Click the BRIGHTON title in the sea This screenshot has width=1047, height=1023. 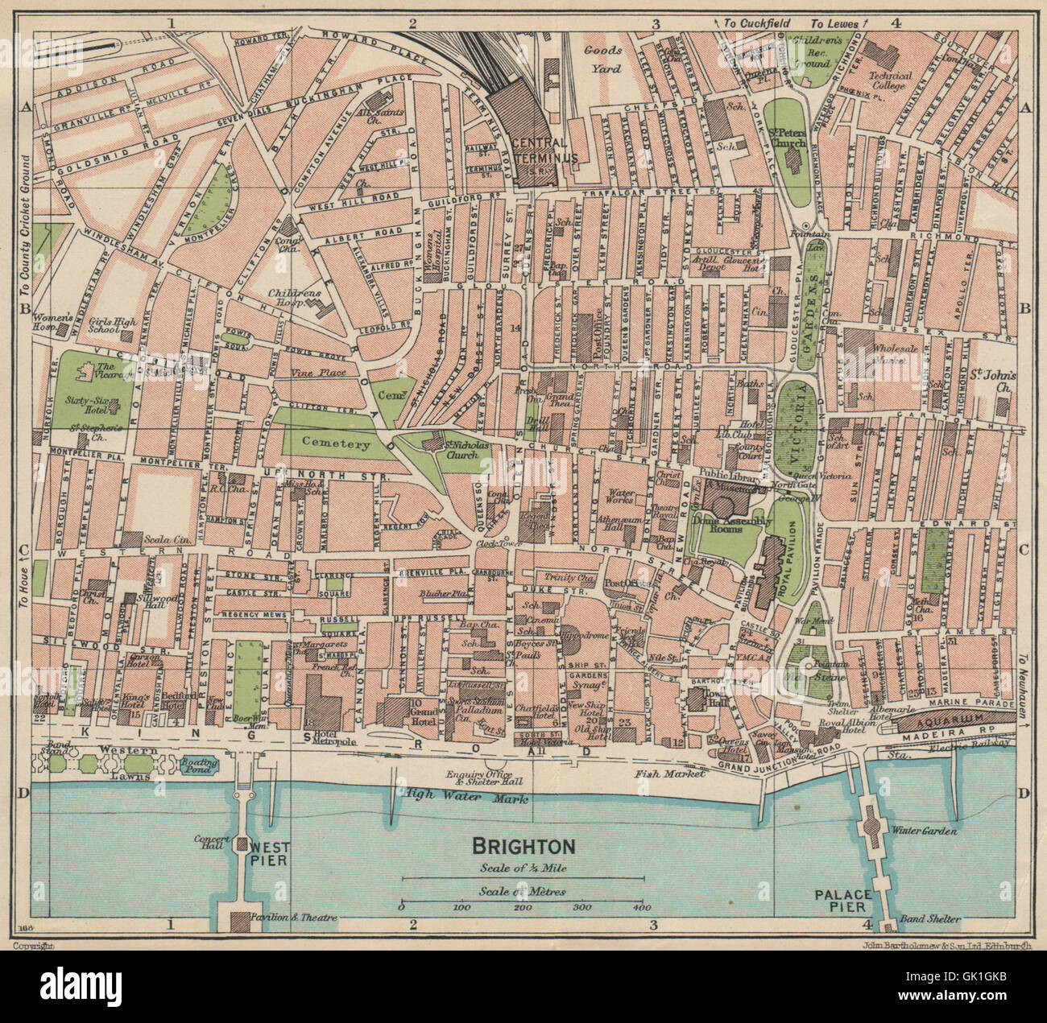(523, 847)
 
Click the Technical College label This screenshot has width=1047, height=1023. (890, 80)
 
